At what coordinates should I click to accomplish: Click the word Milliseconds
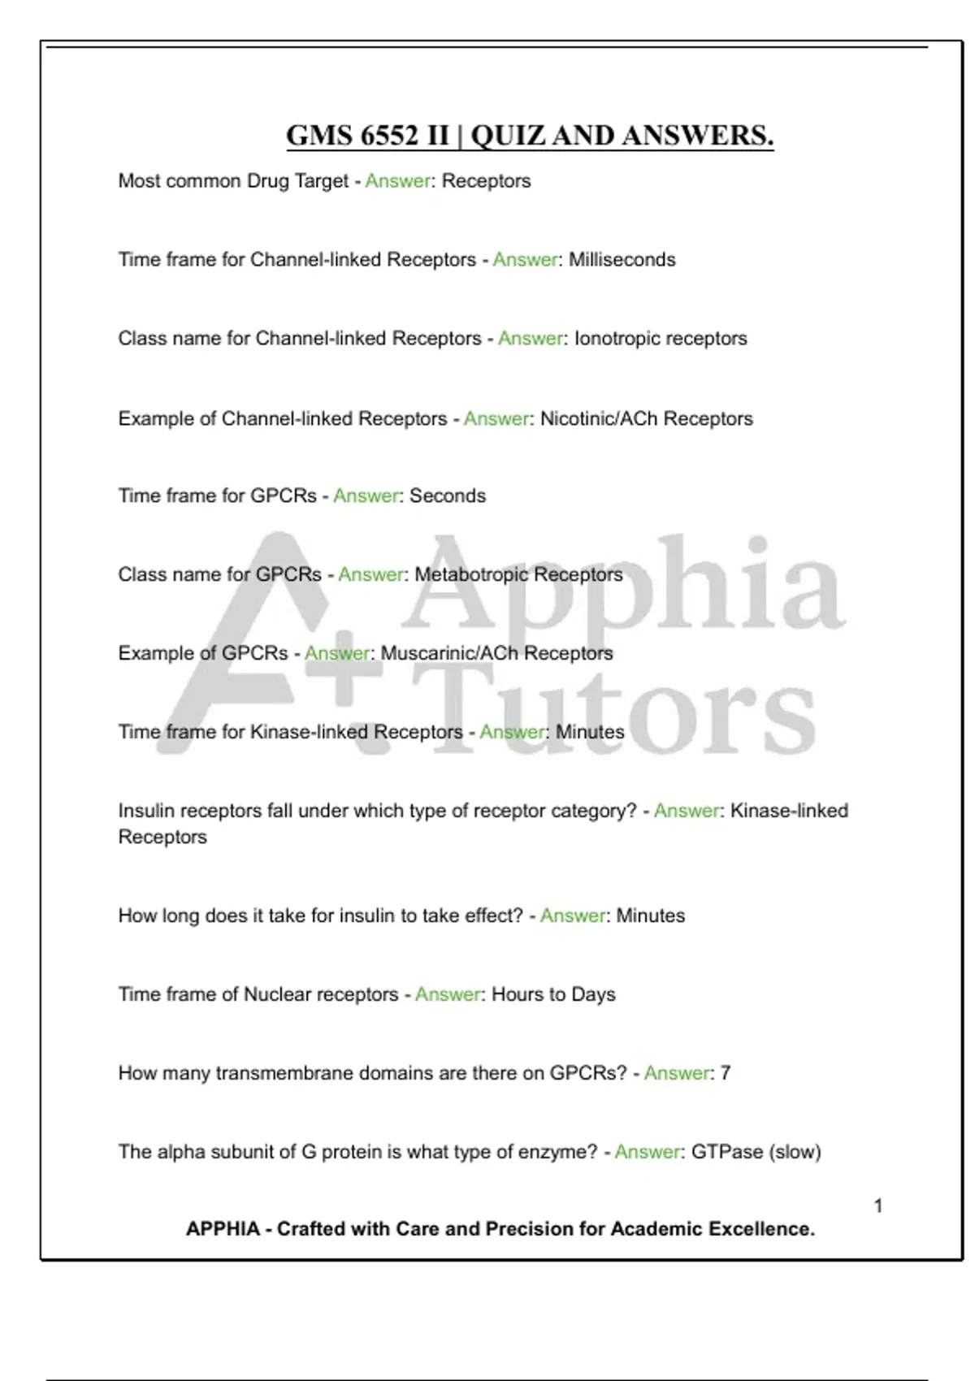point(622,260)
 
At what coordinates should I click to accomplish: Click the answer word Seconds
point(448,496)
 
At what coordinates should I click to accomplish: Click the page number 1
point(877,1206)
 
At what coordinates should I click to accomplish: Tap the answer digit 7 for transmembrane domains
point(726,1074)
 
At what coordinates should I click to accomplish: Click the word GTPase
point(727,1153)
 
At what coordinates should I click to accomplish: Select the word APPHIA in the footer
point(223,1229)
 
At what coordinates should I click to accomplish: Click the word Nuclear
point(277,995)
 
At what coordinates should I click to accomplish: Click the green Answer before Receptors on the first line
point(397,181)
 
